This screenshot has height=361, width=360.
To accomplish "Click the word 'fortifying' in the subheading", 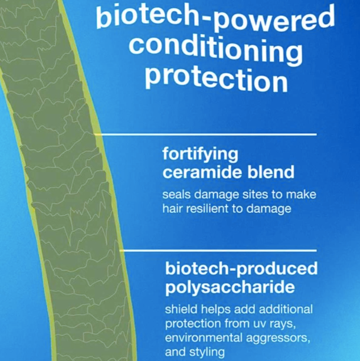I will click(200, 155).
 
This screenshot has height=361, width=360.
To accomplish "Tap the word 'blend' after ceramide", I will click(269, 172).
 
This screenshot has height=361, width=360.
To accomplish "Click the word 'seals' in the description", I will click(175, 193).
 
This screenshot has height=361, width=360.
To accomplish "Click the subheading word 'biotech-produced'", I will click(241, 269).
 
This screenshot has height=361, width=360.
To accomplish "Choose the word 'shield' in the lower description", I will click(179, 310).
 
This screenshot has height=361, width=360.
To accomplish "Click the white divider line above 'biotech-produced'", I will click(218, 251).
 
